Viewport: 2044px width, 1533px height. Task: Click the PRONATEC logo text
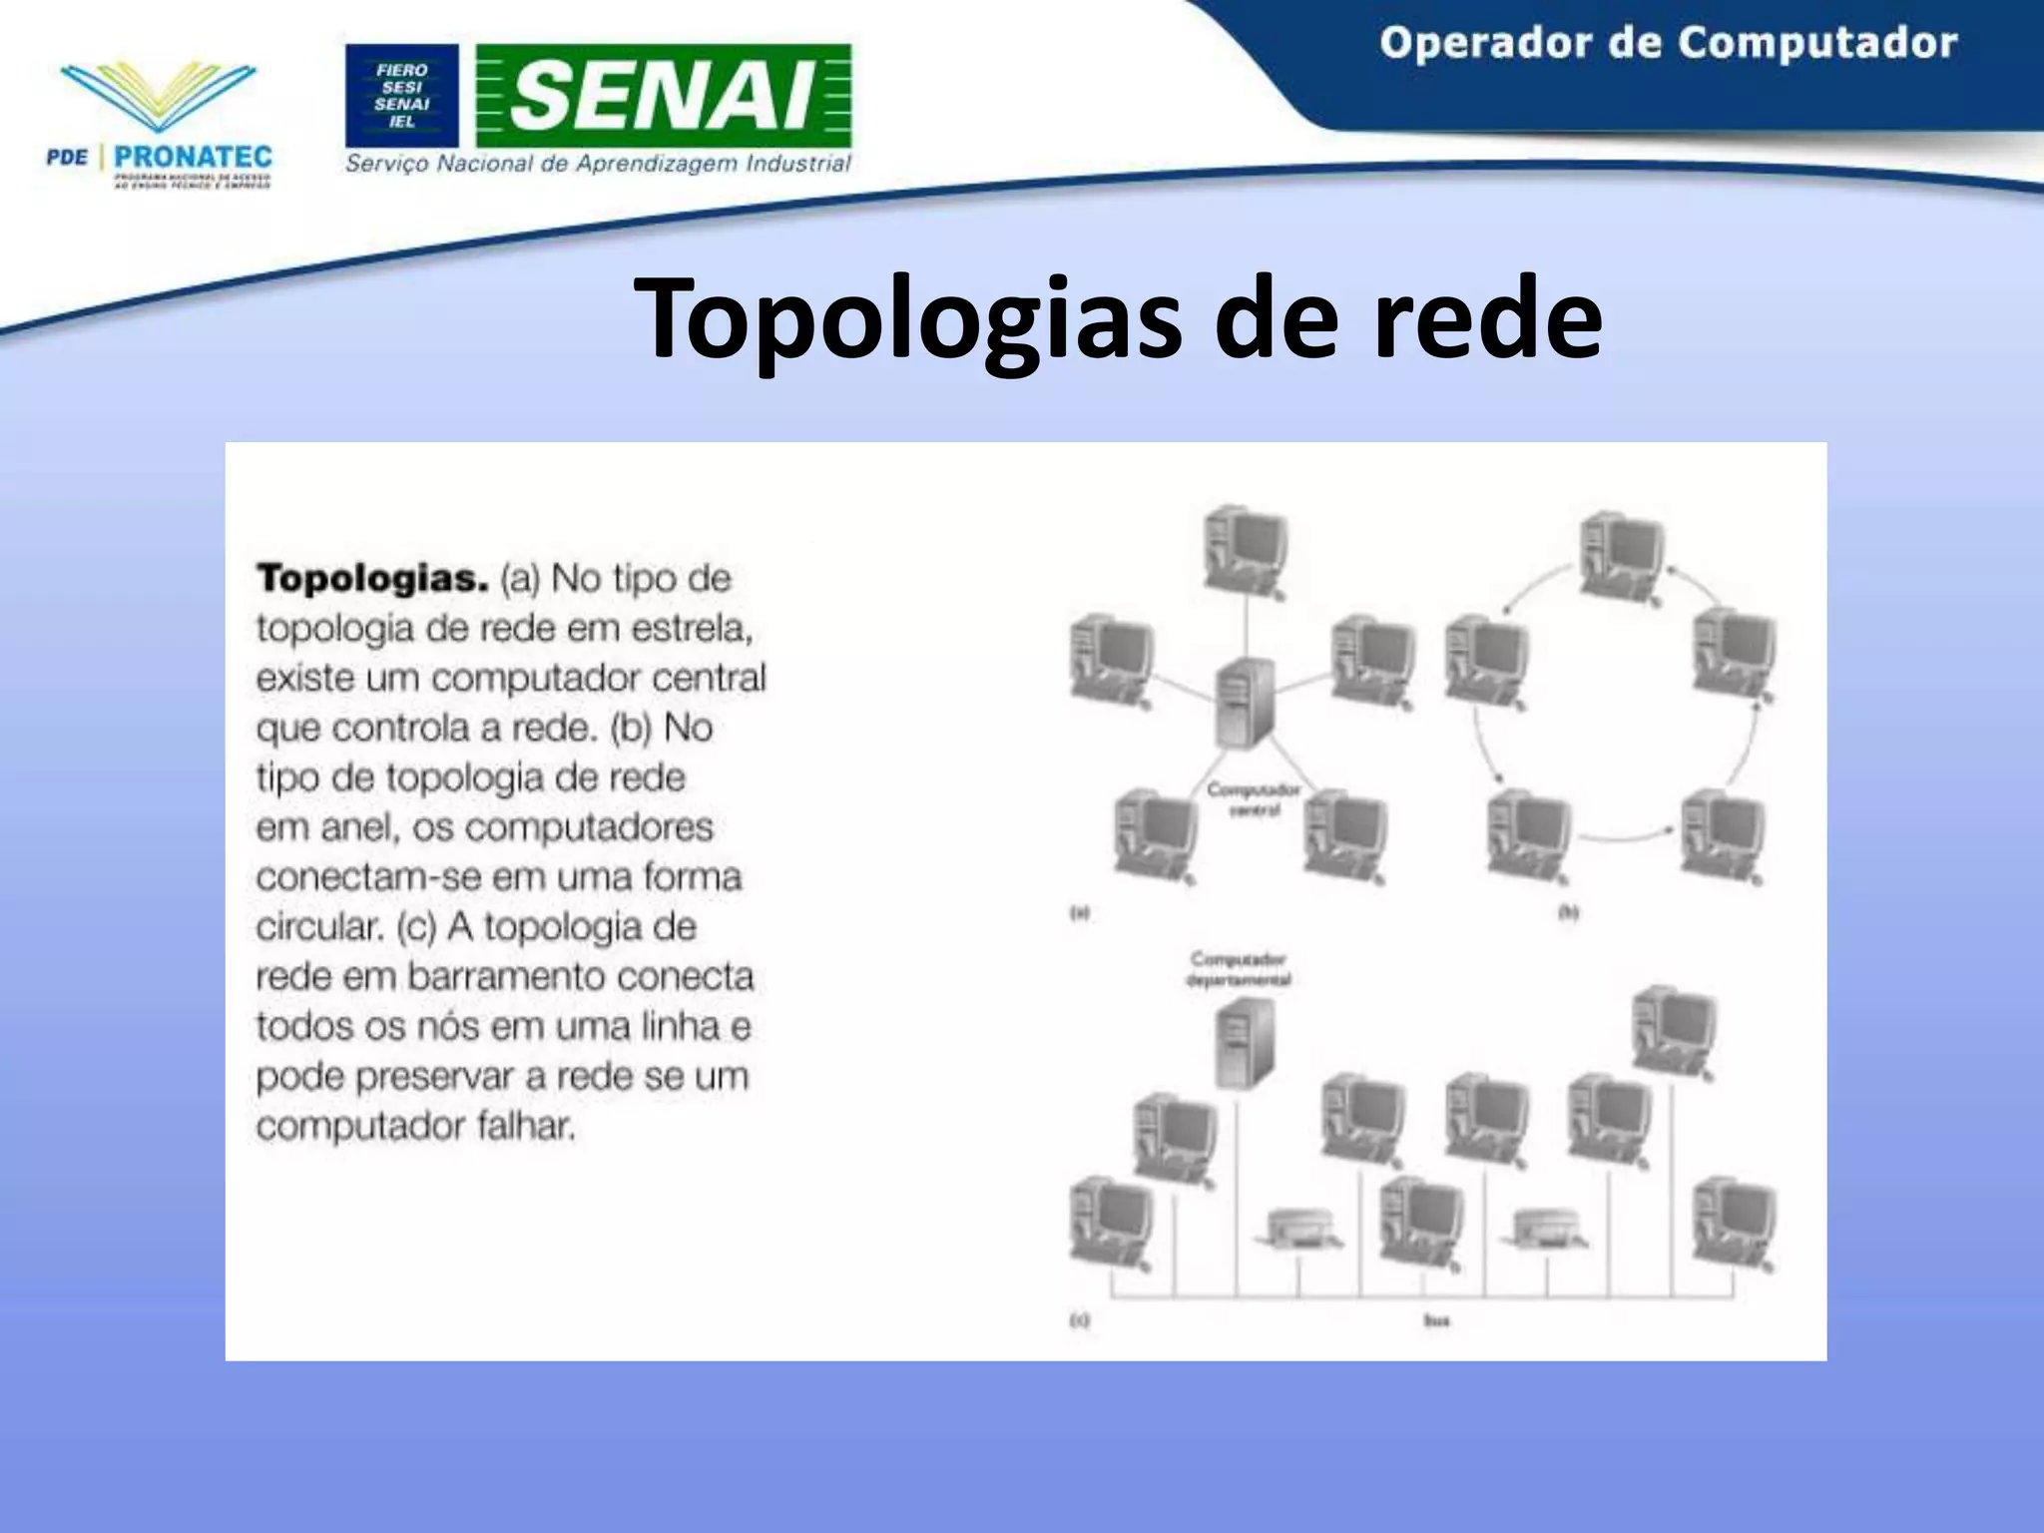tap(193, 157)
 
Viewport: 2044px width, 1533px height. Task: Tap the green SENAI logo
tap(664, 96)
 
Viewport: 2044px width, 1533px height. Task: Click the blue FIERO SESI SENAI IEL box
tap(402, 96)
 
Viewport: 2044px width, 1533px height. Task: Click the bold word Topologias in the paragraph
tap(372, 579)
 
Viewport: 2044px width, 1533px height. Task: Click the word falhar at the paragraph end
tap(526, 1126)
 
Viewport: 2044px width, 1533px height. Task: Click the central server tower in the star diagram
tap(1245, 704)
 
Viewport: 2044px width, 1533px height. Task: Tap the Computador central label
tap(1254, 799)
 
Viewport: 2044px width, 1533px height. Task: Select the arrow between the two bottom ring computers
tap(1625, 836)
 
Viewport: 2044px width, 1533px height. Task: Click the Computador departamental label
tap(1239, 969)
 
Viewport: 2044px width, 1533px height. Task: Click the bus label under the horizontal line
tap(1436, 1320)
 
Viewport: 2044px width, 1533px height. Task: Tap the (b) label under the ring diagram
tap(1568, 912)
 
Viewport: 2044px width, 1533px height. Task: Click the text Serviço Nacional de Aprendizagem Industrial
tap(598, 164)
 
